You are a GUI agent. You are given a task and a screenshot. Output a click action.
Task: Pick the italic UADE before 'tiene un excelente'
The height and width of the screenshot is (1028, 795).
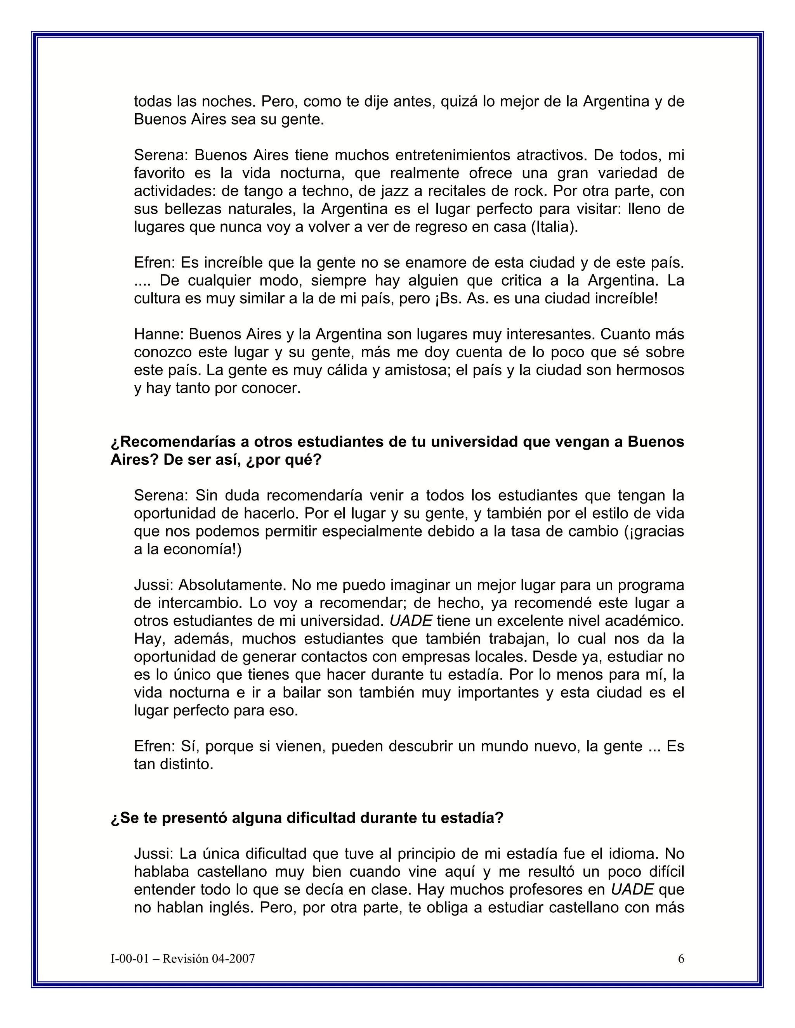coord(411,620)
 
